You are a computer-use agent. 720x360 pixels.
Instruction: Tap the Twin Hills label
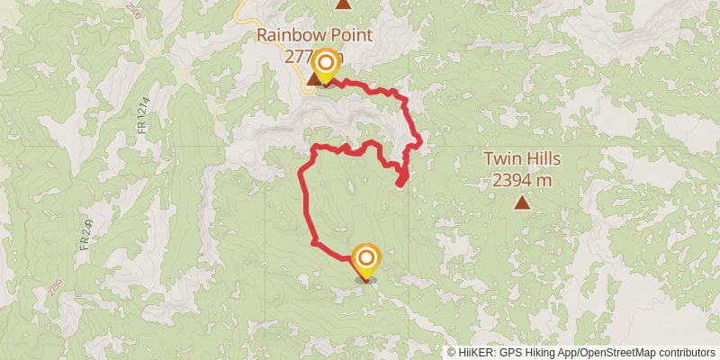coord(522,159)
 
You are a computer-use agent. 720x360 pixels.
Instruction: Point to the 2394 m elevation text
coord(522,179)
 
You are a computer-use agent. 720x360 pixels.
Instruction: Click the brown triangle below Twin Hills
coord(522,202)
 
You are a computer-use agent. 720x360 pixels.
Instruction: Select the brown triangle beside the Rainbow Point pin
coord(313,79)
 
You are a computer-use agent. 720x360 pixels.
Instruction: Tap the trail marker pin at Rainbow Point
coord(325,66)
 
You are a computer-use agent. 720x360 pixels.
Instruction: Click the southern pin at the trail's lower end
coord(365,260)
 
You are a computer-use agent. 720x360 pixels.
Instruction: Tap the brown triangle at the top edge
coord(343,4)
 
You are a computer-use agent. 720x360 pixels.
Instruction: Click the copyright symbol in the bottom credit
coord(453,353)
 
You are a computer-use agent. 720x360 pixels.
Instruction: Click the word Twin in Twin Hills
coord(502,159)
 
